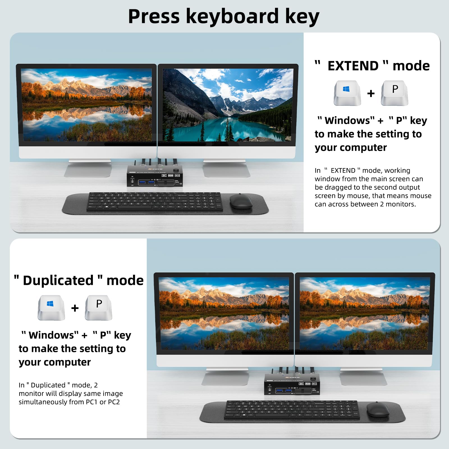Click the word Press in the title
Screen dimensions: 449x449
(x=154, y=16)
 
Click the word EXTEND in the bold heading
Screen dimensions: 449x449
(x=353, y=66)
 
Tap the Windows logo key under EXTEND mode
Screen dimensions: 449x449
(x=347, y=93)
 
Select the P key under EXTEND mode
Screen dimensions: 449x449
(x=395, y=93)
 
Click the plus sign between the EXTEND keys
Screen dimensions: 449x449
(x=371, y=93)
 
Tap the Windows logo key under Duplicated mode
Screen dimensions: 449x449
(x=51, y=308)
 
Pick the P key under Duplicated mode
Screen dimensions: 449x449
(x=98, y=308)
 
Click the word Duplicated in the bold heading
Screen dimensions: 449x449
(x=58, y=280)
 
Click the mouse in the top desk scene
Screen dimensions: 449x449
(x=241, y=201)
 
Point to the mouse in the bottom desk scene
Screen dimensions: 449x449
(x=378, y=409)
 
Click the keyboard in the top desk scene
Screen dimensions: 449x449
(x=154, y=201)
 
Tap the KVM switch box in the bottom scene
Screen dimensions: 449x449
(x=292, y=384)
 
